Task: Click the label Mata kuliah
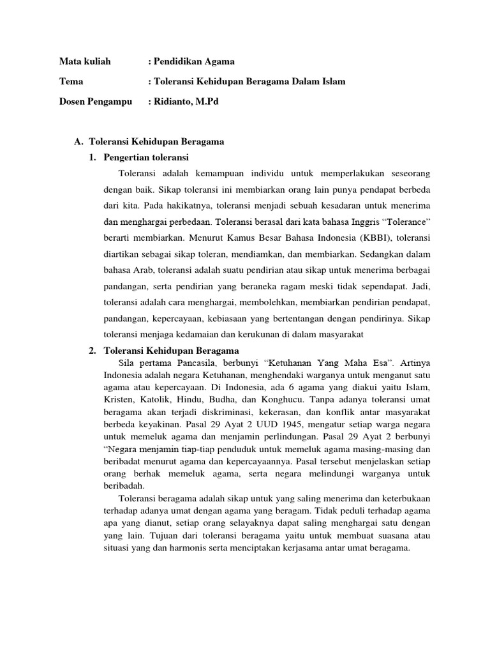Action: (x=85, y=61)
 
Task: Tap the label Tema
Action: (x=71, y=81)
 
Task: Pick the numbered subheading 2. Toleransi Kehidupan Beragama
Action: (x=164, y=351)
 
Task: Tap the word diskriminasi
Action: (x=242, y=411)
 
